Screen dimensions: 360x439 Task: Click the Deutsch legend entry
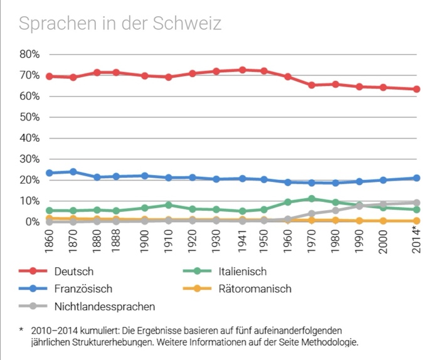(x=74, y=272)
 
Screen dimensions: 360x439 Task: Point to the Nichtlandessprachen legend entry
(x=104, y=307)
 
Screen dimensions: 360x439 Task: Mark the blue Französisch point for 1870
(x=73, y=171)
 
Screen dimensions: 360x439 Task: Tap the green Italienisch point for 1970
(x=312, y=199)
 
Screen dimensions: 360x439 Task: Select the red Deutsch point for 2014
(x=416, y=89)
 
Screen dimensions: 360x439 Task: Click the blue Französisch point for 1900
(x=145, y=176)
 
